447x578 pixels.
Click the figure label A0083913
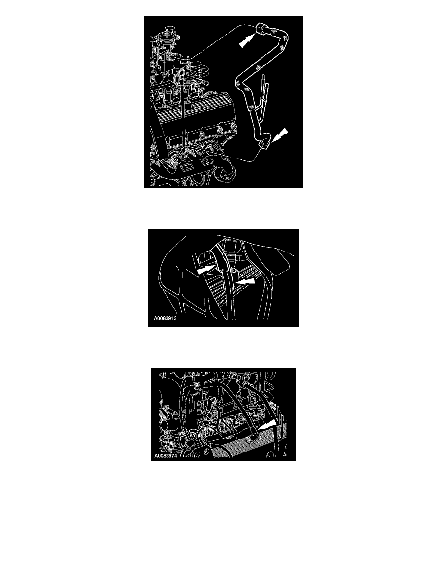tap(165, 318)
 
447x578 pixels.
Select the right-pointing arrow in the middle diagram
tap(206, 270)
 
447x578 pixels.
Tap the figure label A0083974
tap(165, 456)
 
